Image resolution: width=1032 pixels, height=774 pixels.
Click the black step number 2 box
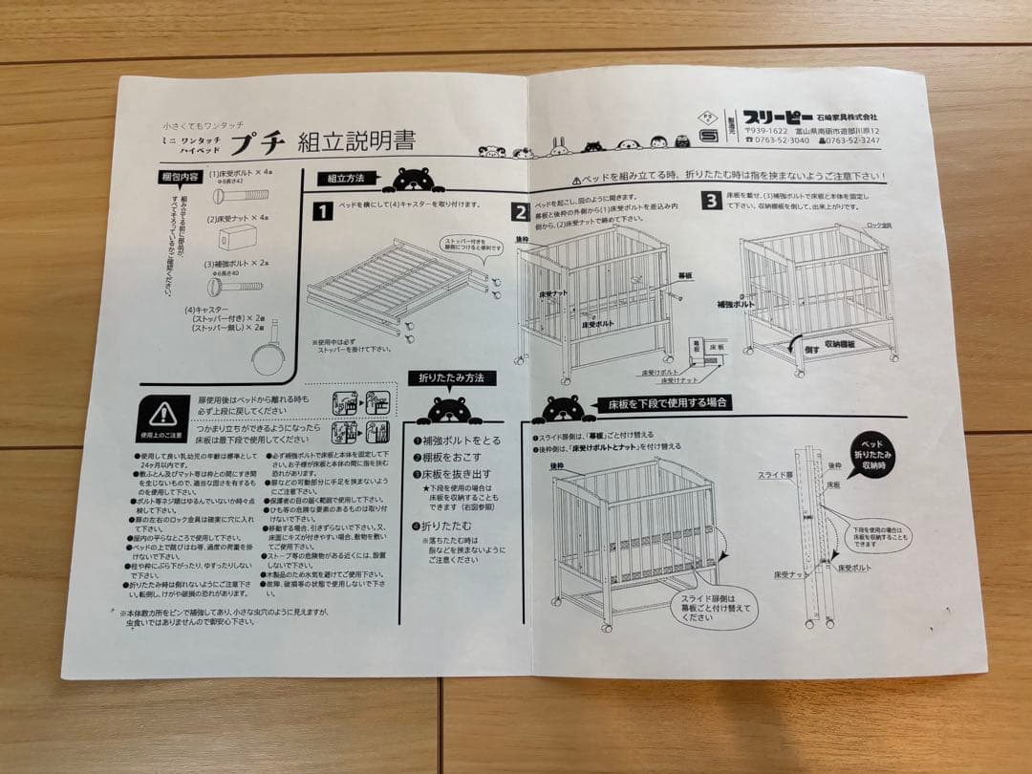point(521,212)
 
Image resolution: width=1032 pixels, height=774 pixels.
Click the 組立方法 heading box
point(345,178)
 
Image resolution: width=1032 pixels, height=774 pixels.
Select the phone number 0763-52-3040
point(778,140)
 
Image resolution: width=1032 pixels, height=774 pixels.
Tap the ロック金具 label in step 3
point(877,225)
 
